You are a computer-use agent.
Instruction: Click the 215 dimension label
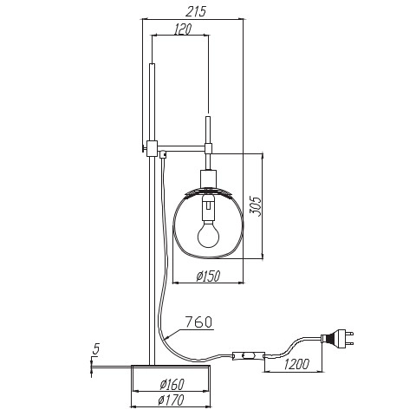(x=196, y=11)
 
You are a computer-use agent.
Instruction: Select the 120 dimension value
(x=183, y=29)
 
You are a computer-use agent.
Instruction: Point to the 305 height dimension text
(x=255, y=206)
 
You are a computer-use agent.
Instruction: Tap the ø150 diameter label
(x=208, y=276)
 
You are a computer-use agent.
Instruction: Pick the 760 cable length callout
(x=198, y=322)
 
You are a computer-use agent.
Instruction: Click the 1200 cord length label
(x=296, y=364)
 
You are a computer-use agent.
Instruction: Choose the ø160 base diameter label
(x=172, y=384)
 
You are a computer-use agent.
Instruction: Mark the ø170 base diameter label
(x=171, y=400)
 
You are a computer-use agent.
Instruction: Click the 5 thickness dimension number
(x=95, y=349)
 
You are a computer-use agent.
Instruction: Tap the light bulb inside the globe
(x=208, y=233)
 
